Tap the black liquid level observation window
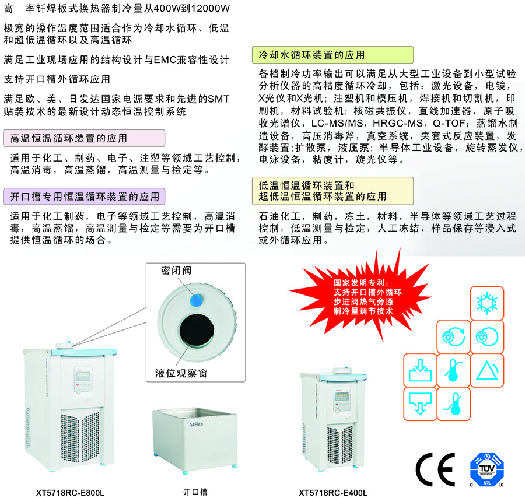click(197, 331)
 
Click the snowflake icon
click(487, 303)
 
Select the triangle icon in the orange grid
click(487, 370)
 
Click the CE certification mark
click(435, 469)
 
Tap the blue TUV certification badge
click(487, 469)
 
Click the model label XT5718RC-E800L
click(71, 493)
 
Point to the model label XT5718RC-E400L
click(333, 493)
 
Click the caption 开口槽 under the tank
click(195, 492)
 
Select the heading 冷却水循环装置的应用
click(311, 55)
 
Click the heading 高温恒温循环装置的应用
click(68, 138)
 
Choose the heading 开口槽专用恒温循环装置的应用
click(85, 196)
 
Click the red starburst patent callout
click(363, 296)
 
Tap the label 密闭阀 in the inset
click(176, 271)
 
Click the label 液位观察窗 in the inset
click(181, 373)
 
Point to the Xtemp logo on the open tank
click(196, 425)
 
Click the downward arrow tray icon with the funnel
click(420, 404)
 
